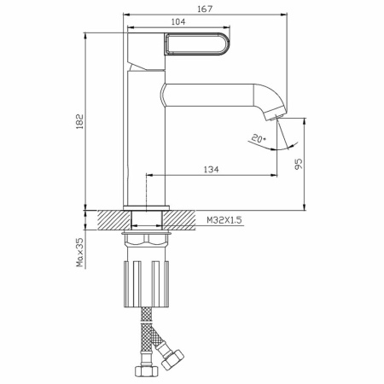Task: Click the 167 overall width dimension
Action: coord(205,9)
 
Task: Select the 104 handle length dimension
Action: coord(178,22)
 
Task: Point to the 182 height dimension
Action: coord(80,121)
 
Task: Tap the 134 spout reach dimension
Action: coord(212,169)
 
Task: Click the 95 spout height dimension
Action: coord(299,164)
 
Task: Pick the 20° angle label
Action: coord(259,139)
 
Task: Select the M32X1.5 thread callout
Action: coord(224,220)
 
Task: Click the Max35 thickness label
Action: coord(80,253)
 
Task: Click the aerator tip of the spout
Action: coord(275,113)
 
